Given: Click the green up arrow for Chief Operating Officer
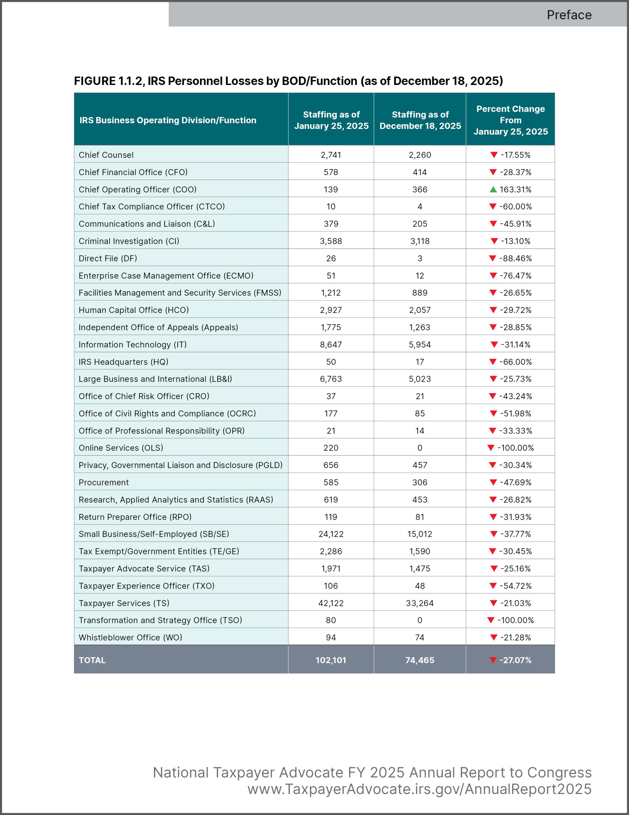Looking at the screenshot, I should (x=493, y=189).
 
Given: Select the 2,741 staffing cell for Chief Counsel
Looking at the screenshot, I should (x=331, y=155).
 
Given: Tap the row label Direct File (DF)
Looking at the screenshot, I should (x=108, y=258).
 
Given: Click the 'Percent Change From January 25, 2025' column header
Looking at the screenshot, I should (x=510, y=120).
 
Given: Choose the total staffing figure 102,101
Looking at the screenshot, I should (x=331, y=660).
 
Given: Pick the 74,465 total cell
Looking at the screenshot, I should (x=420, y=660).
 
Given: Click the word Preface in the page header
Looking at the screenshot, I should (x=569, y=15).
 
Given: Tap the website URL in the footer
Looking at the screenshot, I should (x=419, y=789).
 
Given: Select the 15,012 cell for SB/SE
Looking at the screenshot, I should (x=420, y=534).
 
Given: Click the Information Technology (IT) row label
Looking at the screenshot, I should (x=132, y=344).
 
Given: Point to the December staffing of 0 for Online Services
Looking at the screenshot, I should (x=420, y=448).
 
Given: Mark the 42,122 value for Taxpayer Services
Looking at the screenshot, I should (x=331, y=603).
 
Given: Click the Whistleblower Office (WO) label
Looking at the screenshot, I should (x=130, y=637).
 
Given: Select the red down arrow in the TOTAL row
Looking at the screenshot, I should (x=493, y=660).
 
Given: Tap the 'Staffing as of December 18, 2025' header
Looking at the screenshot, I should (x=420, y=120).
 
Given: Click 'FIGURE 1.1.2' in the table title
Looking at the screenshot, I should (x=108, y=81).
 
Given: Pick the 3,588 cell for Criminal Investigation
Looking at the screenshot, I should (x=331, y=241).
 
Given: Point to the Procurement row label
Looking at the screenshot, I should (x=104, y=483).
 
